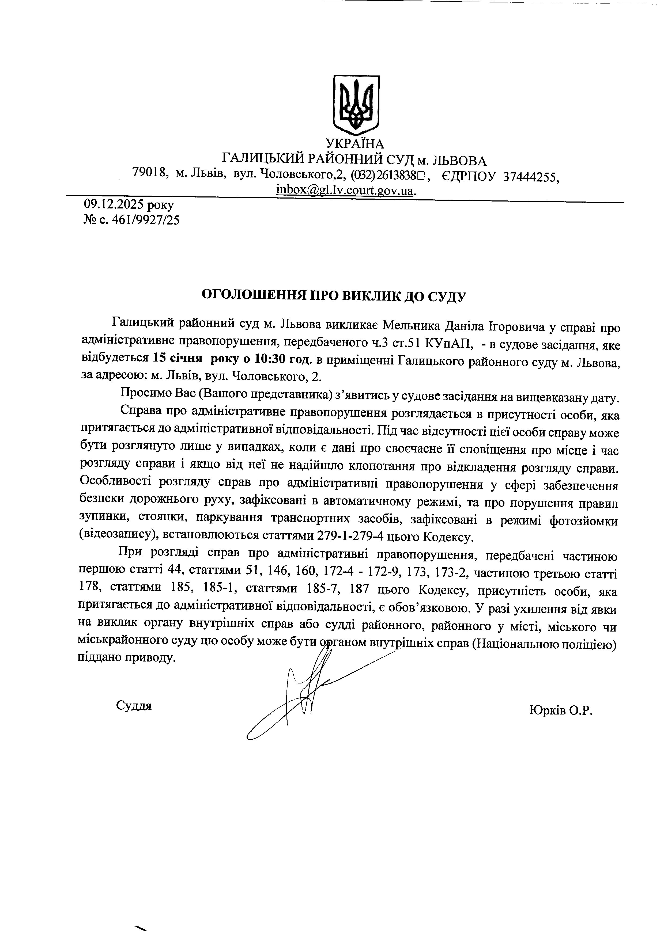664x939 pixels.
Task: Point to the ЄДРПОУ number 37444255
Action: click(x=530, y=177)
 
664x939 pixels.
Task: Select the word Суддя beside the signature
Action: click(x=134, y=705)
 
